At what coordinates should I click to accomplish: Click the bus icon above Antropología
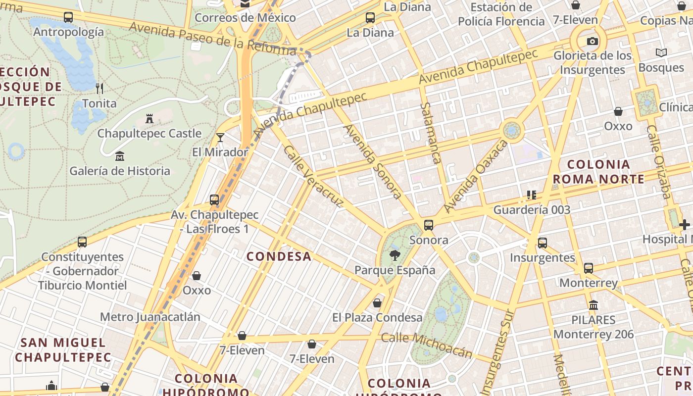pyautogui.click(x=68, y=17)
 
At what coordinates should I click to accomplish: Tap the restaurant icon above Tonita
pyautogui.click(x=99, y=89)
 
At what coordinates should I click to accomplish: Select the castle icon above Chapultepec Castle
pyautogui.click(x=149, y=118)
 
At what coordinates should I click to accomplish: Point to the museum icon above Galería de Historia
pyautogui.click(x=119, y=156)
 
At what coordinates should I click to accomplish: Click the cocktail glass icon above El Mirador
pyautogui.click(x=220, y=138)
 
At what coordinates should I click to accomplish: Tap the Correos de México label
pyautogui.click(x=246, y=18)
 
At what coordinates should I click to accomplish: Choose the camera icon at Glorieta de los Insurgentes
pyautogui.click(x=592, y=41)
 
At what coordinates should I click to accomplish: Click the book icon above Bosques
pyautogui.click(x=661, y=52)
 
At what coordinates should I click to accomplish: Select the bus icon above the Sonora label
pyautogui.click(x=429, y=225)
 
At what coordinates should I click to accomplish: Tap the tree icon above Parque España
pyautogui.click(x=395, y=255)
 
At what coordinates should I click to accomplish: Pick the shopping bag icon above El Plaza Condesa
pyautogui.click(x=377, y=302)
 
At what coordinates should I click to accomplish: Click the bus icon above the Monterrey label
pyautogui.click(x=588, y=268)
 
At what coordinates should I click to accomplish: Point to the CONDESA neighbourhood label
pyautogui.click(x=279, y=256)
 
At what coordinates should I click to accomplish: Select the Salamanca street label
pyautogui.click(x=430, y=133)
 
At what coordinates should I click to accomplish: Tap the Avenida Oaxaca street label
pyautogui.click(x=476, y=176)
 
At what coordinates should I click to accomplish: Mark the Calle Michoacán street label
pyautogui.click(x=427, y=345)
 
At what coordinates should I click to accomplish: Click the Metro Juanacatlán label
pyautogui.click(x=150, y=317)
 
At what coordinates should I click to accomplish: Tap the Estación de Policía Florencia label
pyautogui.click(x=501, y=14)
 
